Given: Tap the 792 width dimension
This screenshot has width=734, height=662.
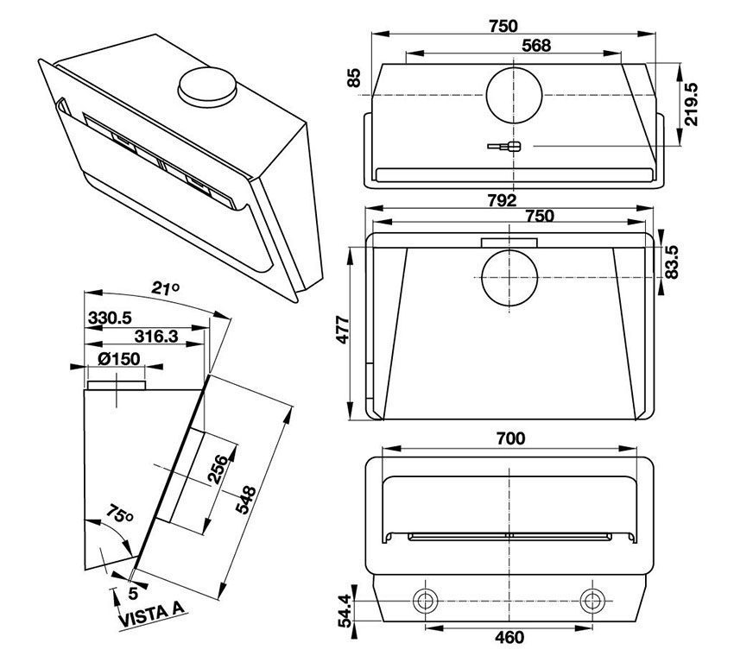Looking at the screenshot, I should pyautogui.click(x=500, y=200).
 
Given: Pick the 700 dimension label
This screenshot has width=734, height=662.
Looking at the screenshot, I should pyautogui.click(x=511, y=438).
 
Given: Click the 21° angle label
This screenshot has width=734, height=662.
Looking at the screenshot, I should pyautogui.click(x=166, y=289).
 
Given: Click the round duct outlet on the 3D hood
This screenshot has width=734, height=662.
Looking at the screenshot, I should pyautogui.click(x=206, y=85).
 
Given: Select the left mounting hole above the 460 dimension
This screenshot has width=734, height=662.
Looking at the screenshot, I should pyautogui.click(x=425, y=600).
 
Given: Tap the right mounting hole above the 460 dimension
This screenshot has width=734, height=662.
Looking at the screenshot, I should pyautogui.click(x=592, y=600).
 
